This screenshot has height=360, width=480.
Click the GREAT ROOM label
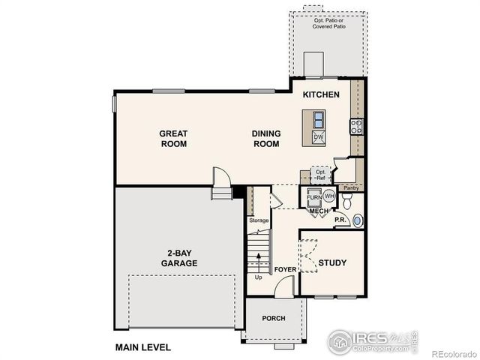173,139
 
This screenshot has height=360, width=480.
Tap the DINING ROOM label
266,139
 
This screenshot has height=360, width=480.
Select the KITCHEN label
322,95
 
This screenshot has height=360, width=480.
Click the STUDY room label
332,262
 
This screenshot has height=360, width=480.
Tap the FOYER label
284,268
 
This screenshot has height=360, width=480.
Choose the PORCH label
274,318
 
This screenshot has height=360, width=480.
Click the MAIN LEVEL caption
142,347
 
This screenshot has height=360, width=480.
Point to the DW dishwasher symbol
318,137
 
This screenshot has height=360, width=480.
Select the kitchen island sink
318,119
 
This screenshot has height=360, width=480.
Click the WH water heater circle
328,196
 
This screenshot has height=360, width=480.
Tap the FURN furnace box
313,197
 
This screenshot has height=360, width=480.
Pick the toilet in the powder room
347,201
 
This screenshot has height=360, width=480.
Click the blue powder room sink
358,220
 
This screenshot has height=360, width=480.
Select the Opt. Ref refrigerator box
321,174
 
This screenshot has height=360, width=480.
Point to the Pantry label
350,187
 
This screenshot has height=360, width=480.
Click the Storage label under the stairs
259,220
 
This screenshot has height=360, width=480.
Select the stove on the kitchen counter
357,126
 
